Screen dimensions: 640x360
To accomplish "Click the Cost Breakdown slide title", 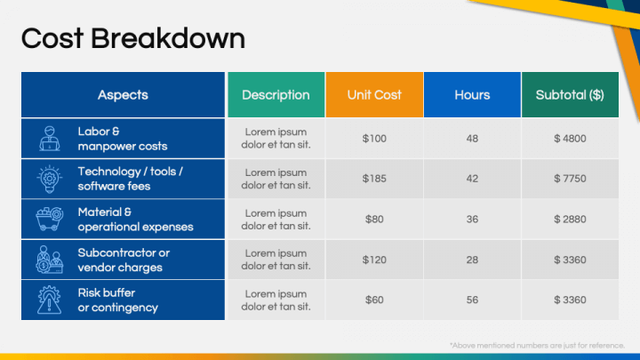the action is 133,39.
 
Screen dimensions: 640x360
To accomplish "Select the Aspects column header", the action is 123,95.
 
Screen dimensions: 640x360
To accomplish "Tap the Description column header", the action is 276,95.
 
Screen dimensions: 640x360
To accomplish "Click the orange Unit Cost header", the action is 374,95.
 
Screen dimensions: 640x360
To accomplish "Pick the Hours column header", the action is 472,95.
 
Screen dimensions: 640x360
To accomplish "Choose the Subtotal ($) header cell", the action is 570,95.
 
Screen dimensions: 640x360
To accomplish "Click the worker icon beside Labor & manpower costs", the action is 50,139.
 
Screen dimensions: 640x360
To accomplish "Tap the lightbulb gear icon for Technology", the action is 50,179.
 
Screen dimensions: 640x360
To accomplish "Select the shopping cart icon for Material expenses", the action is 50,219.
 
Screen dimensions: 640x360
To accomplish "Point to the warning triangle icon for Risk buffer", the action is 50,300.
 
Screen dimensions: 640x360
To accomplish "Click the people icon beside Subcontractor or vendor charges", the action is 50,260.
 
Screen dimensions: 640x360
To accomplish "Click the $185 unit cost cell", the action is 374,179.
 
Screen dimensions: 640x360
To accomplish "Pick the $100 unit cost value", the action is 374,139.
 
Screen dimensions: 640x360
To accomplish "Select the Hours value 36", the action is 472,220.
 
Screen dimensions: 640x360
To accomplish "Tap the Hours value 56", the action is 472,300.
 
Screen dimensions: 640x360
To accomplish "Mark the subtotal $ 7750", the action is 570,179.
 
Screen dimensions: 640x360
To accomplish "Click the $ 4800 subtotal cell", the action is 570,139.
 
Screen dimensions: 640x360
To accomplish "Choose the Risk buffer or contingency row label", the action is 118,300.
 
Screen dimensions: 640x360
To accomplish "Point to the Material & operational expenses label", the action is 135,220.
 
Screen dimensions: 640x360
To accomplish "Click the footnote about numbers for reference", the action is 537,346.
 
